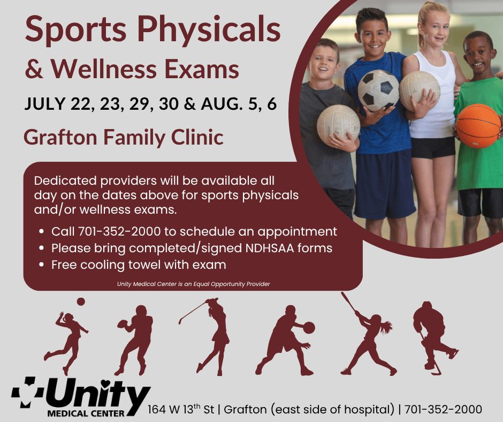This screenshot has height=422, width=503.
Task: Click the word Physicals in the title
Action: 209,30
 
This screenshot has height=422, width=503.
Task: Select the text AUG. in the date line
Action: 222,104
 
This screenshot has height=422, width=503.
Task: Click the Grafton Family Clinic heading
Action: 124,138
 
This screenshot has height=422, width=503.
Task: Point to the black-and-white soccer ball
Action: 378,91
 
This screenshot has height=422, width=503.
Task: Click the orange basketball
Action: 478,125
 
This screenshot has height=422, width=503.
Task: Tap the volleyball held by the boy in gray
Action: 338,125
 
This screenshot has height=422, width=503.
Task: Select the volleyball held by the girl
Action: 420,91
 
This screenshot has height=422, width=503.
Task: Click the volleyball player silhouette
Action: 66,342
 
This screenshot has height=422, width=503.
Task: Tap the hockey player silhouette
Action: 435,337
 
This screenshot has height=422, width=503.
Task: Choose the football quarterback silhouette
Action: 135,340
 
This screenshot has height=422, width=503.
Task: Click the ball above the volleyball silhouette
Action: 81,302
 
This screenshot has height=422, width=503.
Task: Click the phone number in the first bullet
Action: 119,231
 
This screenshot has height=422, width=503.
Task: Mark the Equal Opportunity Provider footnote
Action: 193,284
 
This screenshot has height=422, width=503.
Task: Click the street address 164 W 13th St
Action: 181,409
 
